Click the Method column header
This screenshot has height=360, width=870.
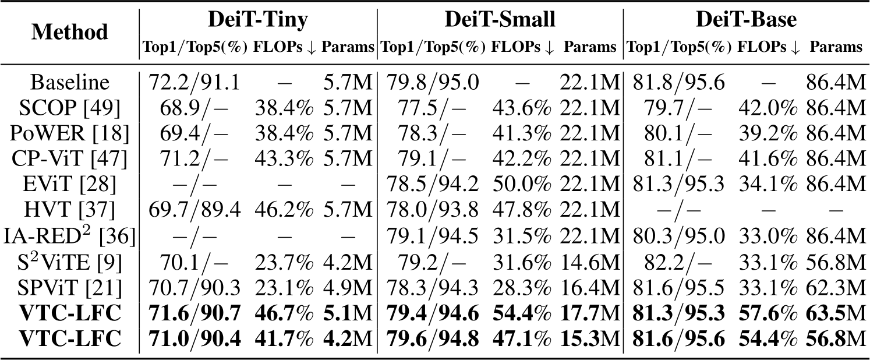coord(70,32)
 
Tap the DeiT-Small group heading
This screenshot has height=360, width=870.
coord(500,20)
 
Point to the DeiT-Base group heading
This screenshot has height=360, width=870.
coord(746,20)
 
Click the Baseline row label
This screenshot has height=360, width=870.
coord(70,82)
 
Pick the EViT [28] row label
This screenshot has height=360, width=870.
coord(70,185)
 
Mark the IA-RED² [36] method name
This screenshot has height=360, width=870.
coord(70,236)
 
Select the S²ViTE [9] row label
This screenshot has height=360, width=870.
coord(70,262)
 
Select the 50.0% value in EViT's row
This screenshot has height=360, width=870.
coord(522,185)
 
